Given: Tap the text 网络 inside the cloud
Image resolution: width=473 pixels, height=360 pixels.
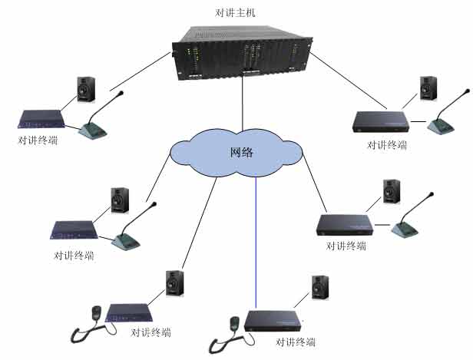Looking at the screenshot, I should [x=242, y=151].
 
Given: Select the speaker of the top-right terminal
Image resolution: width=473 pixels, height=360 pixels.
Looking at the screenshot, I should [x=428, y=88].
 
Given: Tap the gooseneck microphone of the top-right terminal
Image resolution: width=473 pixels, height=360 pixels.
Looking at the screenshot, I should [x=442, y=122].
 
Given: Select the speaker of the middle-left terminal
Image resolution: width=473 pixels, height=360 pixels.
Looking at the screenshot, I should [x=121, y=200].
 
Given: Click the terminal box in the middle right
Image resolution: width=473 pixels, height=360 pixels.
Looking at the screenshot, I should [x=345, y=223].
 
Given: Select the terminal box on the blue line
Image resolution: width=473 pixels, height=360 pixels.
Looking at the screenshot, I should [x=273, y=321].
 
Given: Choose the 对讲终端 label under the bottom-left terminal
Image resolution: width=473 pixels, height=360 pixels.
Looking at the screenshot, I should [x=150, y=332].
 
